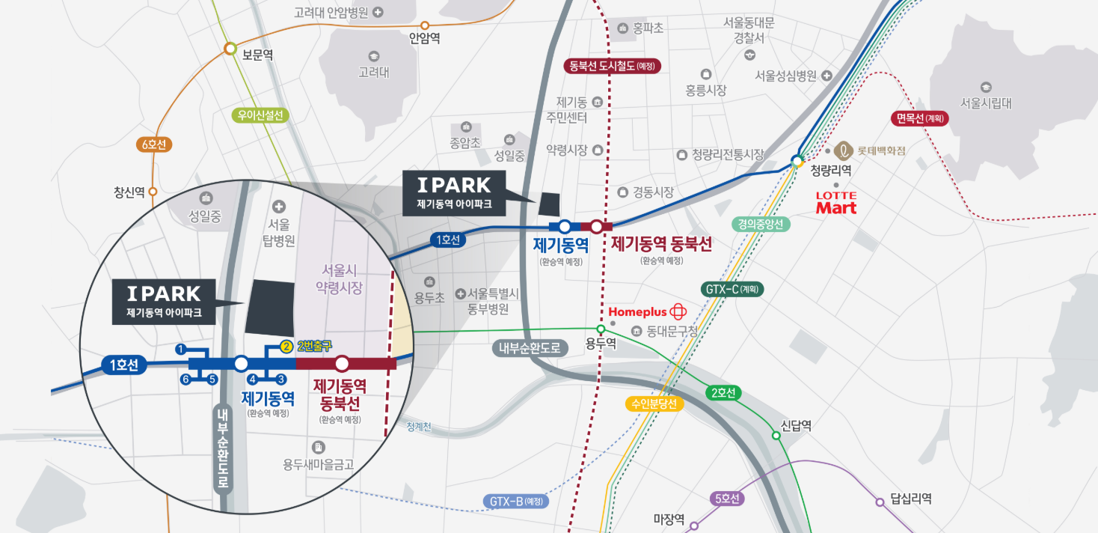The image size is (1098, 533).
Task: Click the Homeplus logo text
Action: point(638,311)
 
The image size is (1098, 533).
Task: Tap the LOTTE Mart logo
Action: point(836,204)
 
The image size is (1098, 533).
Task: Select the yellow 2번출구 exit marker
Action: point(286,347)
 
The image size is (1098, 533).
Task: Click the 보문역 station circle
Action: point(230,49)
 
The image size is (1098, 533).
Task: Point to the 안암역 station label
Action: point(425,40)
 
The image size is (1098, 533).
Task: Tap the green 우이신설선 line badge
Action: point(260,115)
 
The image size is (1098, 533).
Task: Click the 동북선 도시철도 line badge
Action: point(612,66)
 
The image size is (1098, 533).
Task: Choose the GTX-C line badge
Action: point(732,289)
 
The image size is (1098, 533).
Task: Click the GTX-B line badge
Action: point(516,502)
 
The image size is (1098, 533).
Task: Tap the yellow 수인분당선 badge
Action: point(654,404)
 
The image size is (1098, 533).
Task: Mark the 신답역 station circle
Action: point(776,436)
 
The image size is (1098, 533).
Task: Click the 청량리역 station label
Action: point(831,171)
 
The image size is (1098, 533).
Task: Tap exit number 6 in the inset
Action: point(185,379)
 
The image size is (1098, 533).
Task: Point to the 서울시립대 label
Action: point(986,103)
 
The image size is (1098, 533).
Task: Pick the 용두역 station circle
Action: point(600,329)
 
